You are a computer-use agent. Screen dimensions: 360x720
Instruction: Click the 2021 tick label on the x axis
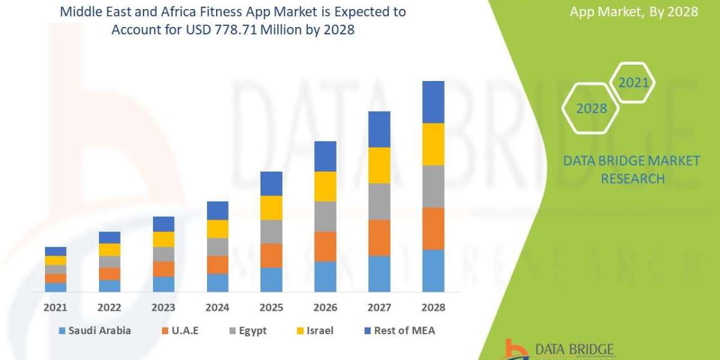55,308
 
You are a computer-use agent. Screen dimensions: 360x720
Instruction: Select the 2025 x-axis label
271,308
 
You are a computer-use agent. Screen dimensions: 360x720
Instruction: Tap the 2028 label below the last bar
433,308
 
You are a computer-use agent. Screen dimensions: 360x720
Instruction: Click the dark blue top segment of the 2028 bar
433,102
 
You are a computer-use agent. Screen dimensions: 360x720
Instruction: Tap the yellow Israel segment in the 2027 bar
379,165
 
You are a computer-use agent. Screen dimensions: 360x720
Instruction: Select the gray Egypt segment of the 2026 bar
325,216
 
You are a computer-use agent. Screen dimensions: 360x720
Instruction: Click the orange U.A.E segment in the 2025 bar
271,255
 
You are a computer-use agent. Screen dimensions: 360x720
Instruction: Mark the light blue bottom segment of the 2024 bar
217,283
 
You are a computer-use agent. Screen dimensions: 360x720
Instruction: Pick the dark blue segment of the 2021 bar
55,251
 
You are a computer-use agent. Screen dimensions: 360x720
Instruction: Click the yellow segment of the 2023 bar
163,239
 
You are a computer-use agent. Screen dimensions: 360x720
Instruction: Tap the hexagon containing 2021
632,82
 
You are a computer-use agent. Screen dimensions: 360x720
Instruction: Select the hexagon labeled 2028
590,109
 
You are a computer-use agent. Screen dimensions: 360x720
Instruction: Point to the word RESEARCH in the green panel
632,179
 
